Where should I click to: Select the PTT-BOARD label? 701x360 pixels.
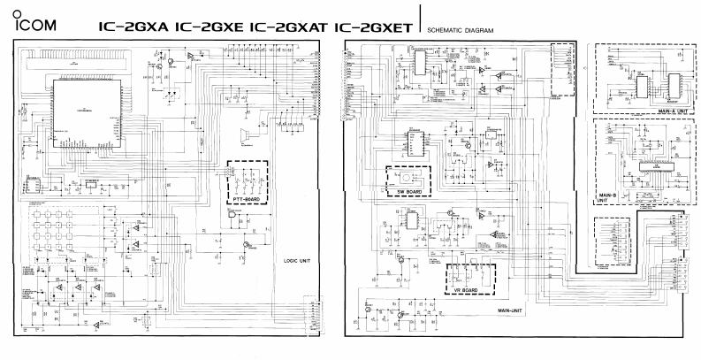pyautogui.click(x=243, y=200)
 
